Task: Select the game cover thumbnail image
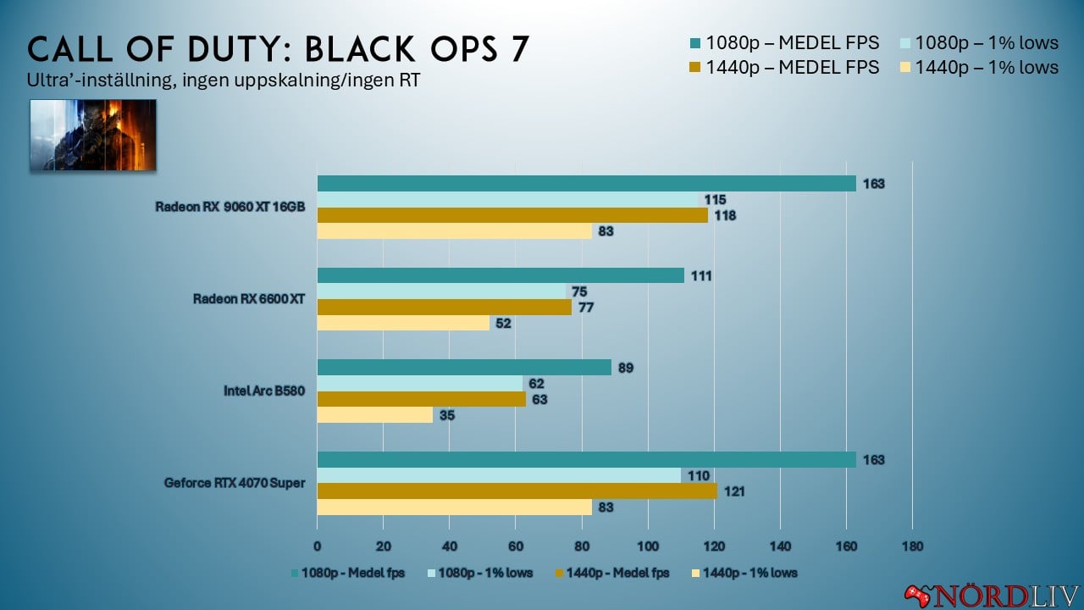93,135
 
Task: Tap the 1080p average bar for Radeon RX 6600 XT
501,275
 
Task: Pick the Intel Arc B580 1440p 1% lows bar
374,415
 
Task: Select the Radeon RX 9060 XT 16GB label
230,207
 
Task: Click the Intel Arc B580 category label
264,391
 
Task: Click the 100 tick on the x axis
648,546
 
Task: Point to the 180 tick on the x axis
912,546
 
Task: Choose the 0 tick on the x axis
318,546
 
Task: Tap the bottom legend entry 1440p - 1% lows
744,573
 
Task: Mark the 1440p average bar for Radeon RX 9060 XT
512,215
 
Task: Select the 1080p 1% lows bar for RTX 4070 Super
499,475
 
